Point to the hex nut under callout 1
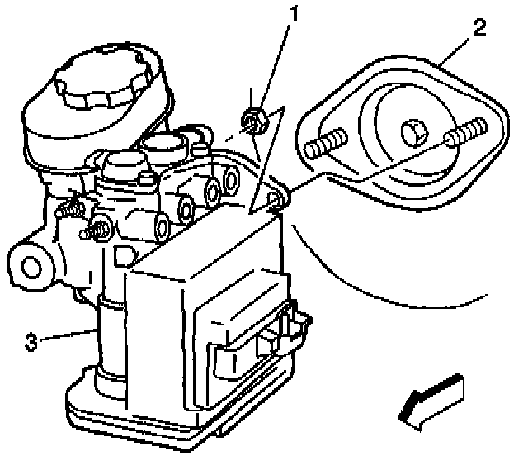tap(253, 121)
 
